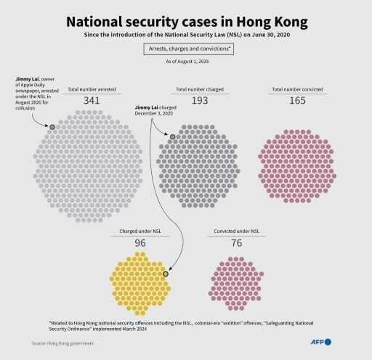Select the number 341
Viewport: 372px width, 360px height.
point(92,100)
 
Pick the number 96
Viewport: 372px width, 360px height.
point(140,242)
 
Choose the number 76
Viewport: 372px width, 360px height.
point(236,242)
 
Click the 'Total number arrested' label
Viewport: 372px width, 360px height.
point(92,89)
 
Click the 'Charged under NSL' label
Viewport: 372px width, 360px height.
point(140,232)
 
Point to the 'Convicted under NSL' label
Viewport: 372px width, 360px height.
point(236,232)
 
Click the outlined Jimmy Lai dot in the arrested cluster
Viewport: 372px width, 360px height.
point(52,126)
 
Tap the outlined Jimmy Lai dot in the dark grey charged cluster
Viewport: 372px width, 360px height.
point(172,136)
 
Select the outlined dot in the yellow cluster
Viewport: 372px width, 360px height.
point(166,273)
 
